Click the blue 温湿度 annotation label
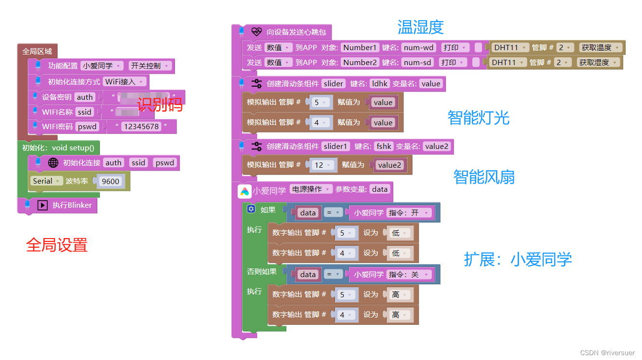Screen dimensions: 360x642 pos(420,27)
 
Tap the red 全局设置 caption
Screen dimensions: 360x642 pos(57,245)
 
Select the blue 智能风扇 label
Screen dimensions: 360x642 pos(484,177)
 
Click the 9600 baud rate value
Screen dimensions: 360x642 pos(110,181)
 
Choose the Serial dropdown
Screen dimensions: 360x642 pos(46,181)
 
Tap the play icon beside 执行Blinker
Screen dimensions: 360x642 pos(42,205)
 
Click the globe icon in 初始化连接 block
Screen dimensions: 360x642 pos(53,163)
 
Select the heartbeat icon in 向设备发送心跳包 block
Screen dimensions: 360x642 pos(256,32)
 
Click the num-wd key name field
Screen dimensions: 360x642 pos(419,48)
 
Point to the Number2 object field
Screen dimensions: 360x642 pos(360,62)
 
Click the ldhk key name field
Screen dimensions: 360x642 pos(380,84)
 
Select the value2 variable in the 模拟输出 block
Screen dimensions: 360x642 pos(389,165)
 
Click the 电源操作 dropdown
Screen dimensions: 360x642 pos(311,189)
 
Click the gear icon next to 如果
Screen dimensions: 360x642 pos(251,209)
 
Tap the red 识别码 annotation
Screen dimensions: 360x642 pos(160,104)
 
